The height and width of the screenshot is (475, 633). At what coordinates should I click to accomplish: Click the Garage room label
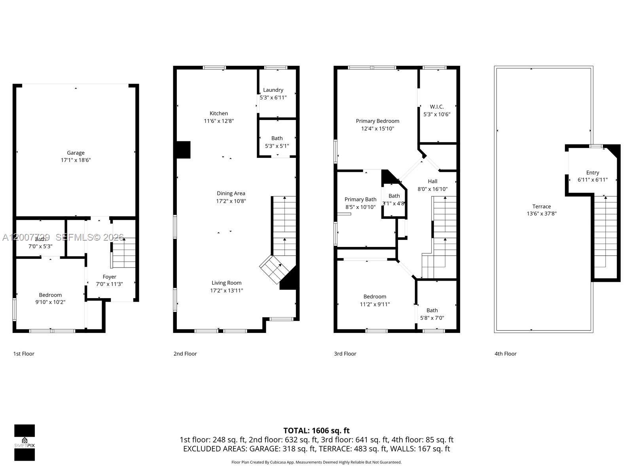pos(76,153)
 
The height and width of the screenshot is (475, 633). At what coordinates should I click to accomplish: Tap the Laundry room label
pos(273,90)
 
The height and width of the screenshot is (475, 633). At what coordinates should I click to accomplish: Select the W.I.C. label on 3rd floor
pos(437,106)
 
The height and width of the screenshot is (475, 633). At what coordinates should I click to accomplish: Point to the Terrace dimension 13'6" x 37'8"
pos(542,214)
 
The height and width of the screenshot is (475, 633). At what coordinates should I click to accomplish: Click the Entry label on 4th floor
pos(592,173)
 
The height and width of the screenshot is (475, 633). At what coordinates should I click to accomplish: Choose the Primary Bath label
pos(360,199)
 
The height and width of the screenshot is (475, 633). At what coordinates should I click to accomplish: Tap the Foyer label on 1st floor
pos(110,277)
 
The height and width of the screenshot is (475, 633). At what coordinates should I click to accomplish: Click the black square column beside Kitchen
pos(183,150)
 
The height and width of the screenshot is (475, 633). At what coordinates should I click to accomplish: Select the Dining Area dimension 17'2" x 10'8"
pos(231,201)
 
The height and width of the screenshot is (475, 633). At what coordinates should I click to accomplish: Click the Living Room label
pos(226,283)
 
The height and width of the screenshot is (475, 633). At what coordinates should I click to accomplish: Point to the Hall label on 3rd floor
pos(432,181)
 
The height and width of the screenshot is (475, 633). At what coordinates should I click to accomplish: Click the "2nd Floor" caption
pos(185,354)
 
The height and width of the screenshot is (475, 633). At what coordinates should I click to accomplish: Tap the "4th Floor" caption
pos(505,354)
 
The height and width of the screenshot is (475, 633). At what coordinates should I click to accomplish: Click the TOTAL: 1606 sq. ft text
pos(316,430)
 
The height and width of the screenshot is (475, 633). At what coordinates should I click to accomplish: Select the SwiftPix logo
pos(25,443)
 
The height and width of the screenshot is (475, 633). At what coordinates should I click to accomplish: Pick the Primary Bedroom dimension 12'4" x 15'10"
pos(377,129)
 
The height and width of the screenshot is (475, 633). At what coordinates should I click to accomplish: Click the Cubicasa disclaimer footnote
pos(316,462)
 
